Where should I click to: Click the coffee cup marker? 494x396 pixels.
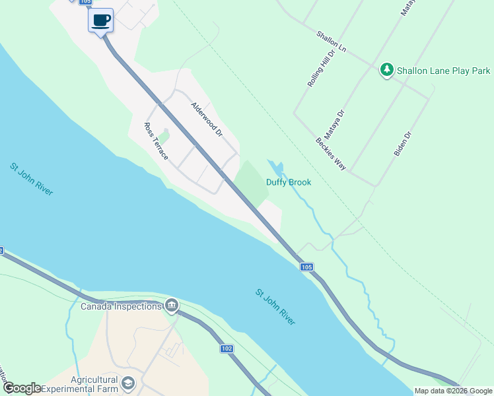point(100,20)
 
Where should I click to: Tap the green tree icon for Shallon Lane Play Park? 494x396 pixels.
point(387,70)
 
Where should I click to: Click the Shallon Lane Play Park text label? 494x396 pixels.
point(443,70)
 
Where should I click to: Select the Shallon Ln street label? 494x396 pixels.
point(331,42)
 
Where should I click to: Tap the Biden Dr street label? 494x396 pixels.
point(403,143)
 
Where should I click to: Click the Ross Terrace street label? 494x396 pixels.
point(157,141)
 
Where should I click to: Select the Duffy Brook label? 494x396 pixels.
point(288,182)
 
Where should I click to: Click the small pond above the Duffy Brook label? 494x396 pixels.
point(277,167)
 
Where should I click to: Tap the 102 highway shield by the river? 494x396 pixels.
point(226,348)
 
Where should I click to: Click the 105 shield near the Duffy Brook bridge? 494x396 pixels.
point(306,267)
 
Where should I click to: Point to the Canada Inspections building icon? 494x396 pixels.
point(172,305)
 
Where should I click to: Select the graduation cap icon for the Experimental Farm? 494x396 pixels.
point(128,383)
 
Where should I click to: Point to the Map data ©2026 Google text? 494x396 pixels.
point(453,391)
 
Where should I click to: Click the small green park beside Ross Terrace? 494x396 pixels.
point(164,136)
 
